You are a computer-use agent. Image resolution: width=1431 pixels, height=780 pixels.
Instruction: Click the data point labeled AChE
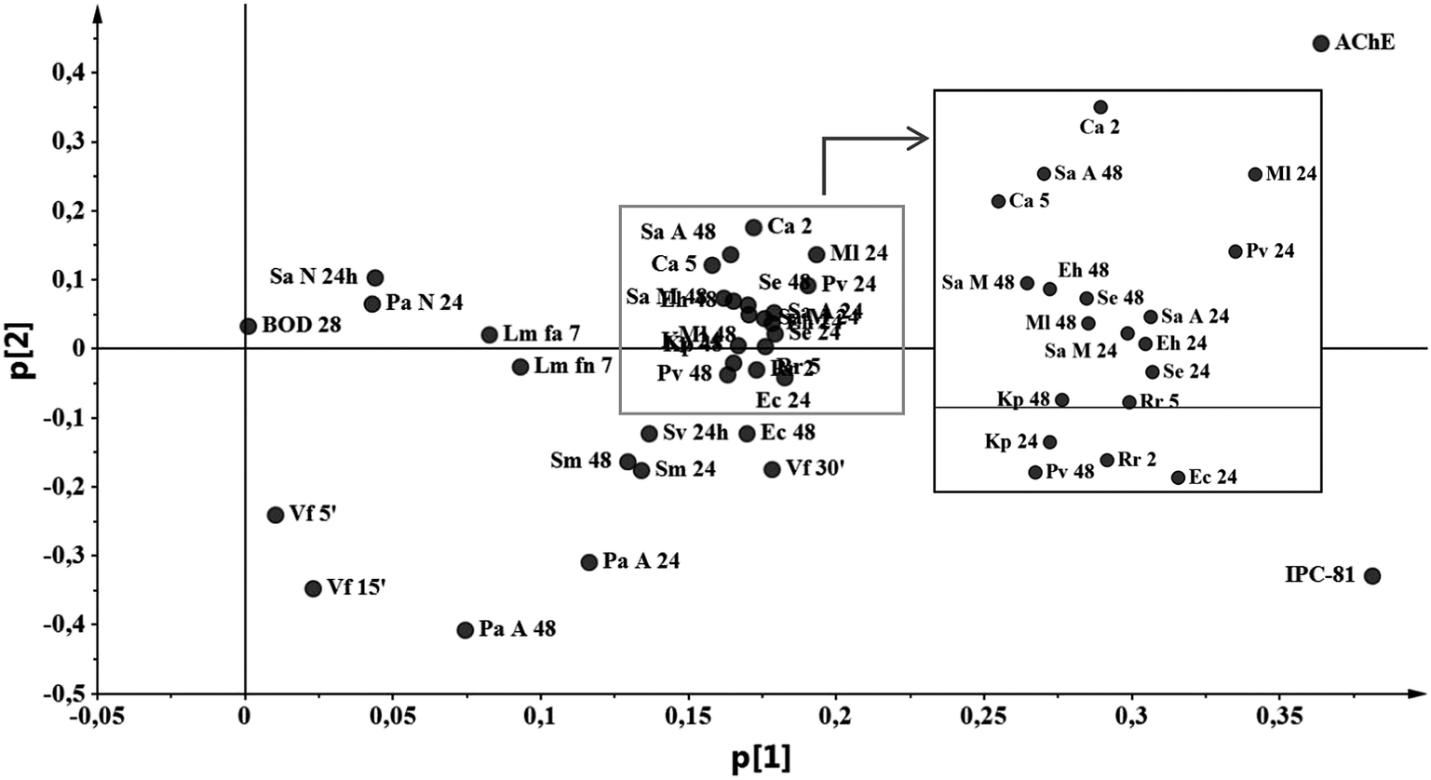click(1320, 44)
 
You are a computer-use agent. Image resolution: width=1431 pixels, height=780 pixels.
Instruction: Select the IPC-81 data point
click(1371, 576)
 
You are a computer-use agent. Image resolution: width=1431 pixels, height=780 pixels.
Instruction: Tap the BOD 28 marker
click(248, 326)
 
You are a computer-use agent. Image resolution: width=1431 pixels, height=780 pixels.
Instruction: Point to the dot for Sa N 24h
click(375, 277)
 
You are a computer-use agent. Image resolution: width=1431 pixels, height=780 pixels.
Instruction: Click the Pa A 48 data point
click(466, 630)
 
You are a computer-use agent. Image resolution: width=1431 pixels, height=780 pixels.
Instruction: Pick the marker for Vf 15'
click(313, 588)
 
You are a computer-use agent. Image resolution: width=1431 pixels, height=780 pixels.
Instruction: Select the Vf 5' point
click(275, 515)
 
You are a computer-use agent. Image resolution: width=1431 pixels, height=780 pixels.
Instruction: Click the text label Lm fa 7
click(541, 333)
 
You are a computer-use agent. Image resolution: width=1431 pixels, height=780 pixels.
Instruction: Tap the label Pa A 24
click(641, 561)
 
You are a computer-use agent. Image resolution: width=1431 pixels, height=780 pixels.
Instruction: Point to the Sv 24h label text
click(695, 433)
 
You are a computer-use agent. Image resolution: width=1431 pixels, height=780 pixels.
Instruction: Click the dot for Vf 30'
click(772, 469)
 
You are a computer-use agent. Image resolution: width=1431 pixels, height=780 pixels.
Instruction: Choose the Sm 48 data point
click(628, 462)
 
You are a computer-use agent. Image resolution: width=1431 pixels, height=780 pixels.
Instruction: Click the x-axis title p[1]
click(762, 759)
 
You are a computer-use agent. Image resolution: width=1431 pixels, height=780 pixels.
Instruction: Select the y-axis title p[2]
click(23, 348)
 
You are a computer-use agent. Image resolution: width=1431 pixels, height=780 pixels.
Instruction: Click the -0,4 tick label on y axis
click(70, 625)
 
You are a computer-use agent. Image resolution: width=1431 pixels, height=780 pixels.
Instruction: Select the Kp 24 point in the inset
click(1049, 442)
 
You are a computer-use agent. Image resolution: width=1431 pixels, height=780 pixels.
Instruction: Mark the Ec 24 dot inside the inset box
click(1178, 477)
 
